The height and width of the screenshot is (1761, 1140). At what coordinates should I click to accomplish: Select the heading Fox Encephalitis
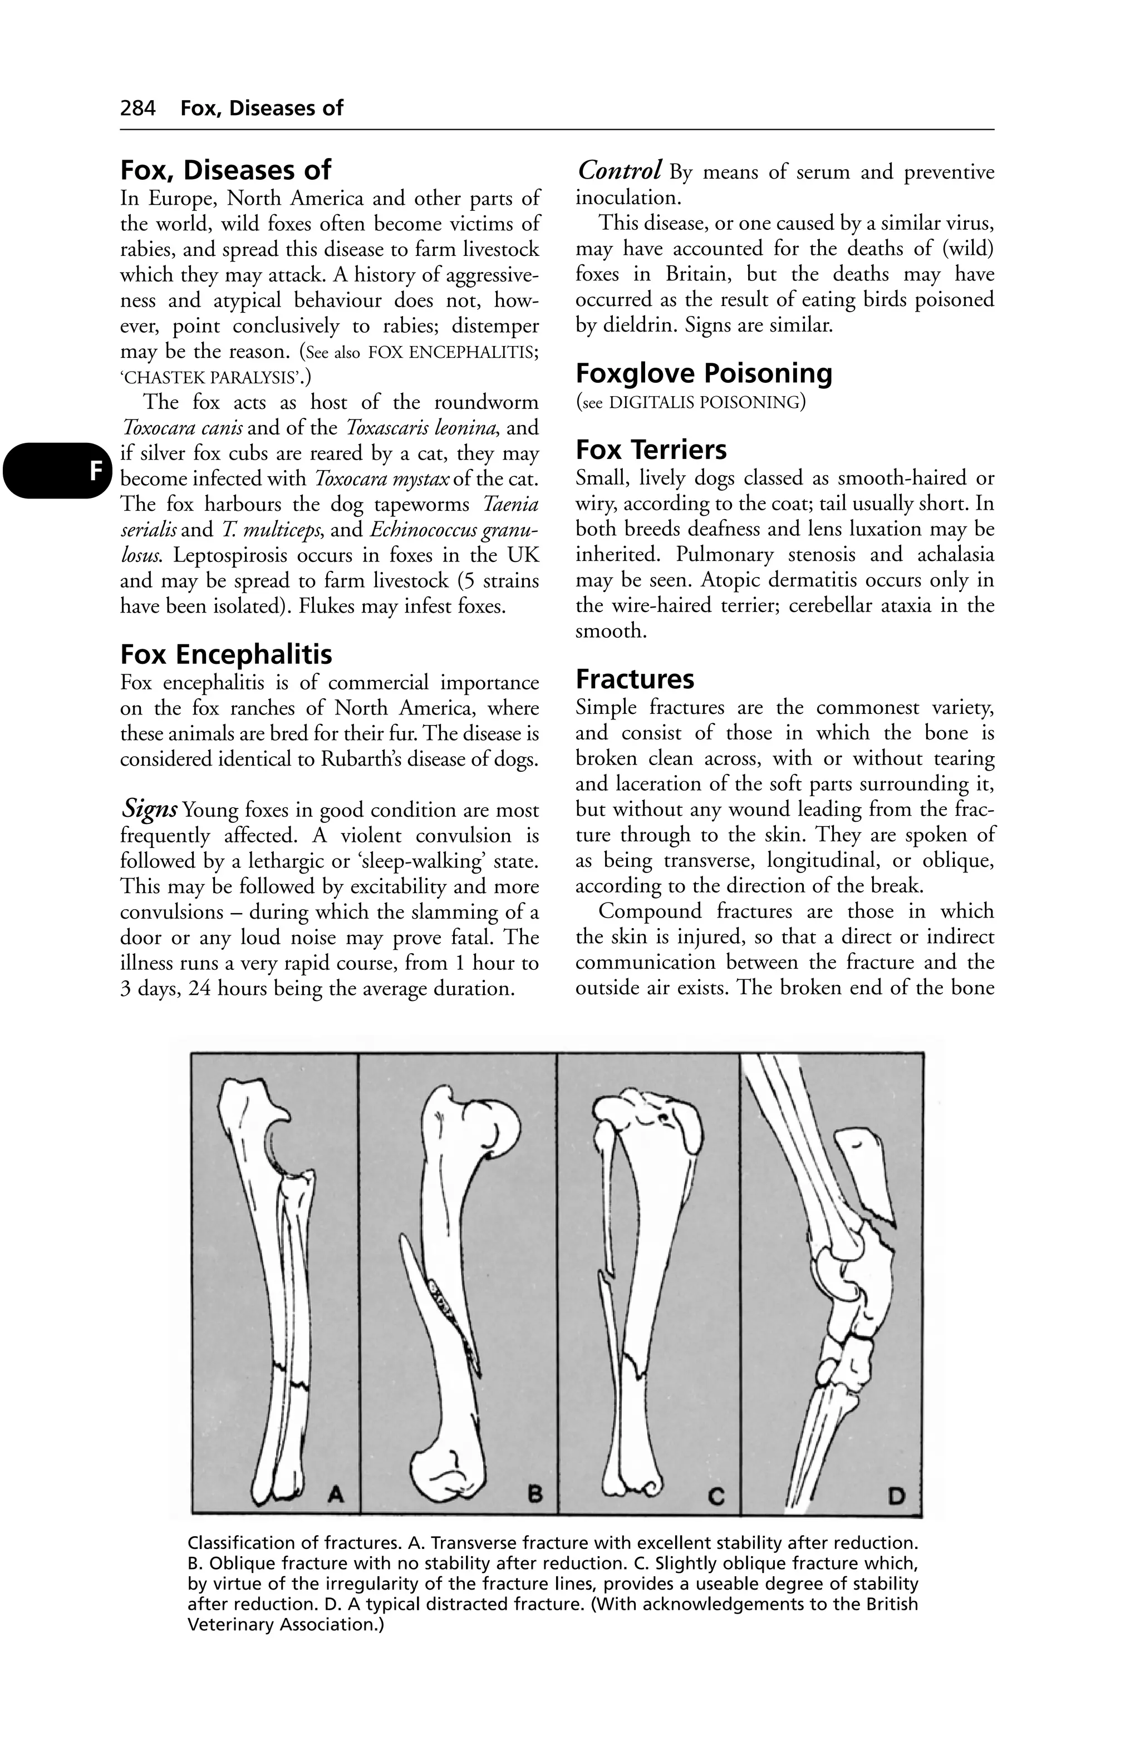coord(226,654)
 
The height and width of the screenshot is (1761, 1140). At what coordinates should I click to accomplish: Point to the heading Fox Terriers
coord(651,450)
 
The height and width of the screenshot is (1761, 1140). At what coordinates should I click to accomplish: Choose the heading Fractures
coord(635,679)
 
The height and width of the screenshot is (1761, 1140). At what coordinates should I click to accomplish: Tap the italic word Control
coord(619,171)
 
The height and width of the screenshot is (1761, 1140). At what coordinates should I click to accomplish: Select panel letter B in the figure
coord(534,1494)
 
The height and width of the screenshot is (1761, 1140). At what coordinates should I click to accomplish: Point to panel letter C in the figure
coord(716,1496)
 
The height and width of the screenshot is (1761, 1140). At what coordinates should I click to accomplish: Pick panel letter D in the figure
coord(896,1496)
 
